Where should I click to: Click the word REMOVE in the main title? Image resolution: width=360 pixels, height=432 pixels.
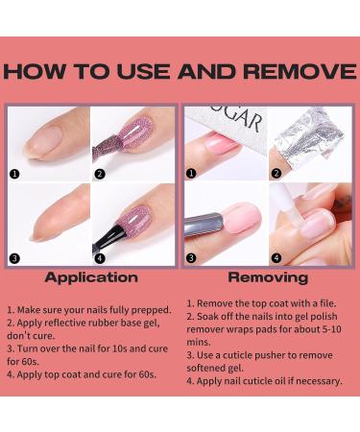pos(300,71)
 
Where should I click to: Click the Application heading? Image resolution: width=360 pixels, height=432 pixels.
pos(91,277)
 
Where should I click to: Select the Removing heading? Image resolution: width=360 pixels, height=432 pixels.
pos(268,277)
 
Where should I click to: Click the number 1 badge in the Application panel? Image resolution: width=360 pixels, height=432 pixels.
pos(14,174)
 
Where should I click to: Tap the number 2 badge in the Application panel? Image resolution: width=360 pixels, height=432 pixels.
pos(100,174)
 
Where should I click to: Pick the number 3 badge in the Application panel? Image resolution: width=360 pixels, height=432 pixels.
pos(14,258)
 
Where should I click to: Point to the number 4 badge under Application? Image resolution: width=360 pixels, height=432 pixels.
pos(100,258)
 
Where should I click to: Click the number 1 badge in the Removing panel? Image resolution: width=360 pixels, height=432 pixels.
pos(191,174)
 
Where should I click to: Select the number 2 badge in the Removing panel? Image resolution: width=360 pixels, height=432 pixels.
pos(276,174)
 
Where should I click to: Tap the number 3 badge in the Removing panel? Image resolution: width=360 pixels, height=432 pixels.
pos(191,257)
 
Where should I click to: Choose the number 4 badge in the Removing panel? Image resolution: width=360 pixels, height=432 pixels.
pos(276,257)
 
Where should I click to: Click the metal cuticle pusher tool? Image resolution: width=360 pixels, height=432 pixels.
pos(204,224)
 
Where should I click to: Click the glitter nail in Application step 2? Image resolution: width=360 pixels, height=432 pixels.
pos(136,131)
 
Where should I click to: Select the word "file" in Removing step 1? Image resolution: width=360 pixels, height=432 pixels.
pos(327,303)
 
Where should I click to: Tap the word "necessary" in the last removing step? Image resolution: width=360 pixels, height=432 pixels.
pos(319,381)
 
